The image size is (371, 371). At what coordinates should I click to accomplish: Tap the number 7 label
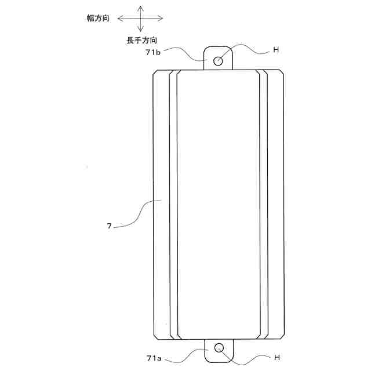click(x=109, y=227)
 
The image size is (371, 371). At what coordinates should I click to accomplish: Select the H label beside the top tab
click(x=276, y=50)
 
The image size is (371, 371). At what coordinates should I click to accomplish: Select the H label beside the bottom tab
click(x=276, y=358)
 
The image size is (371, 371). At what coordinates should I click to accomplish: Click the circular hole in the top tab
click(x=219, y=60)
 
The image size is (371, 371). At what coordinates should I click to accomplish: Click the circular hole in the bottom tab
click(x=219, y=348)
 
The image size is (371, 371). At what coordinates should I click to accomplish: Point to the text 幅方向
click(x=98, y=19)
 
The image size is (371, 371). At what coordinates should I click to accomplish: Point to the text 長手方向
click(x=141, y=40)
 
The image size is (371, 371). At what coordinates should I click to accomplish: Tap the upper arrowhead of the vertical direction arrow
click(x=140, y=8)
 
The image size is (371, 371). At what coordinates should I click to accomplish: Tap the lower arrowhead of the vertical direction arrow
click(x=140, y=30)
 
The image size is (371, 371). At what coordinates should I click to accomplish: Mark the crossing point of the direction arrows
click(x=140, y=19)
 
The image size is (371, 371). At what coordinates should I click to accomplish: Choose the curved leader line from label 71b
click(x=185, y=55)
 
